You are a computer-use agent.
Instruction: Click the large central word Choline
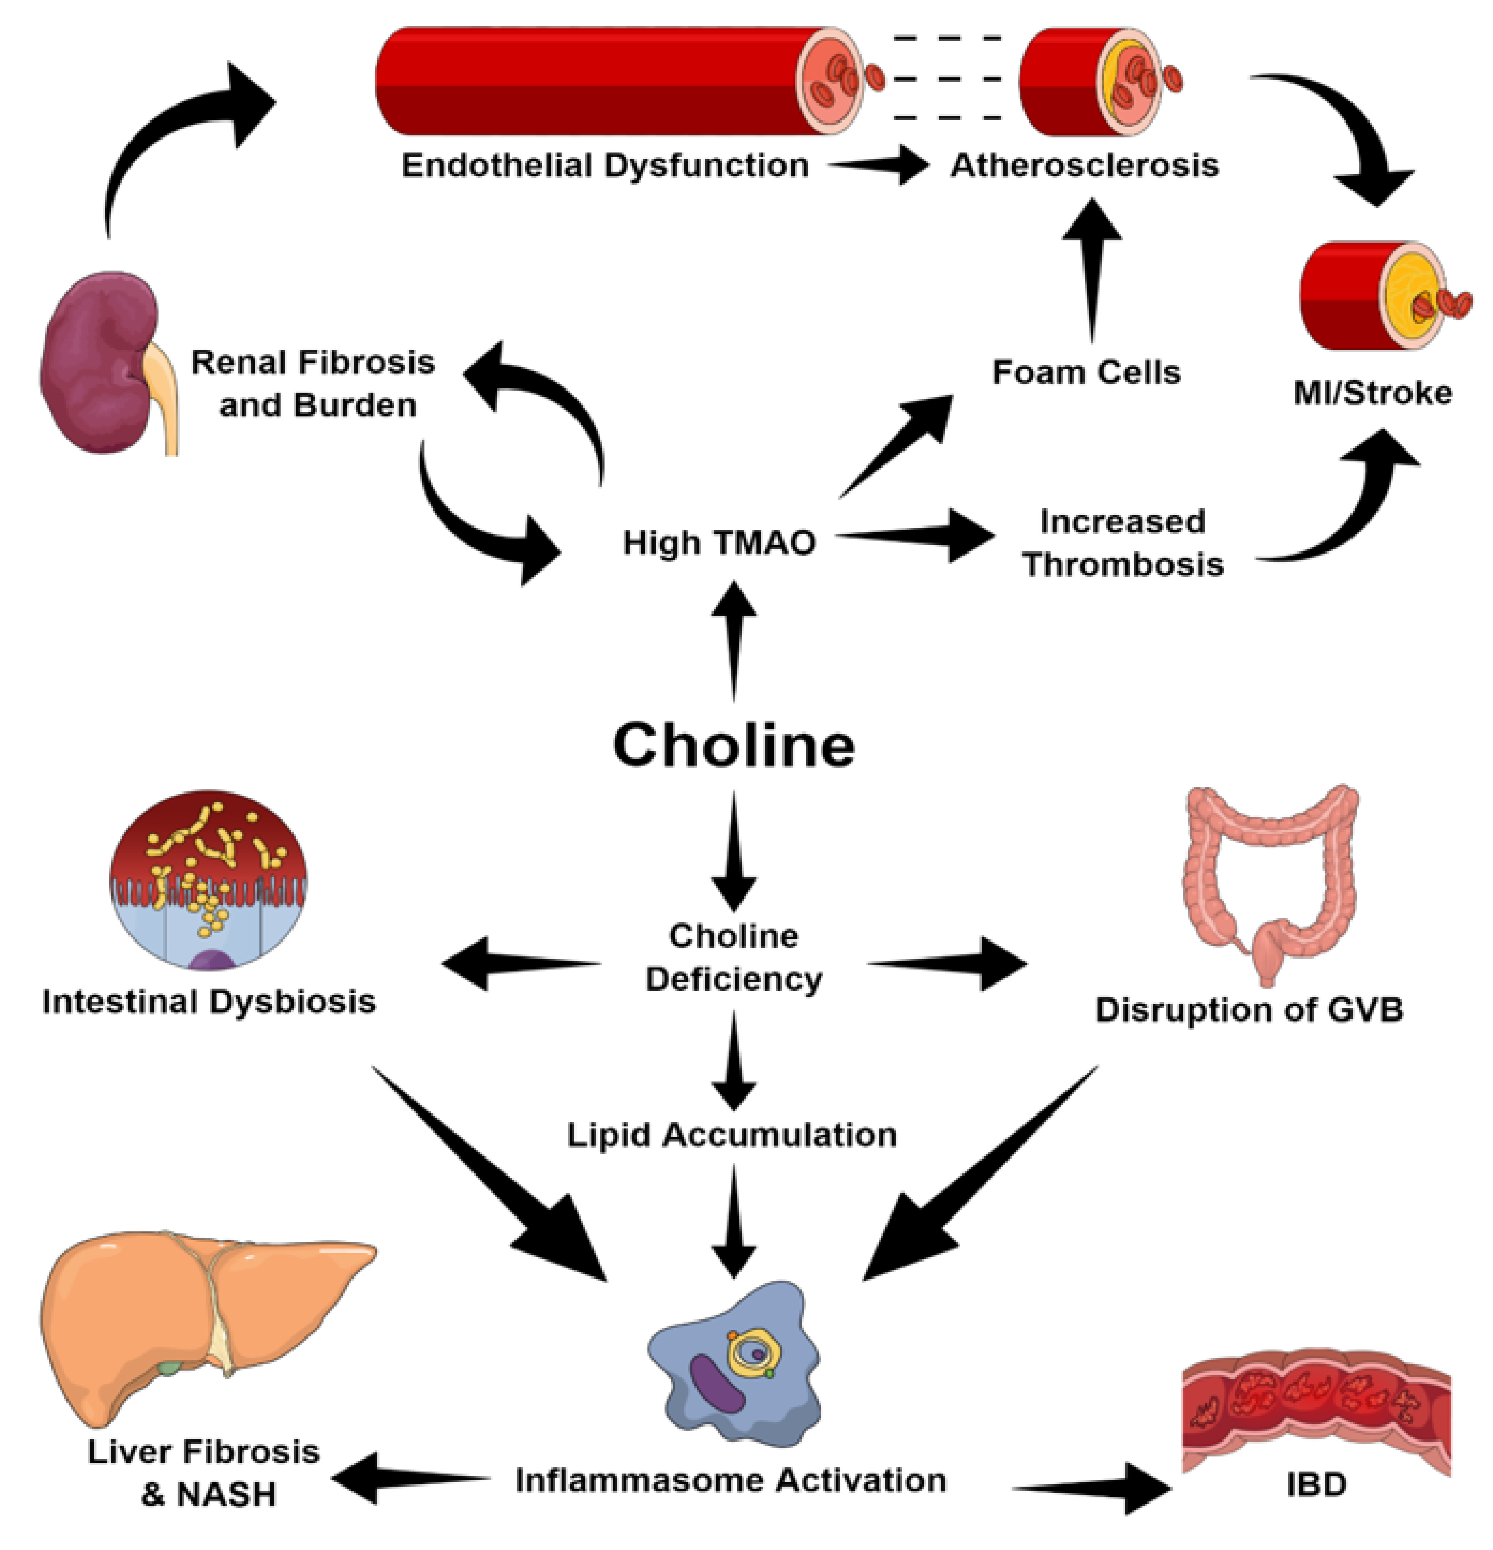(734, 745)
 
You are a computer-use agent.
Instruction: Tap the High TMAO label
(719, 542)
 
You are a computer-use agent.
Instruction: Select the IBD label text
(1316, 1484)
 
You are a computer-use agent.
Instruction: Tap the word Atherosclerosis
(1084, 165)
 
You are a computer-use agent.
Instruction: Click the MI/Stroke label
(1372, 393)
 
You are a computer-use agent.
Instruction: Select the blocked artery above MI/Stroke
(1380, 297)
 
